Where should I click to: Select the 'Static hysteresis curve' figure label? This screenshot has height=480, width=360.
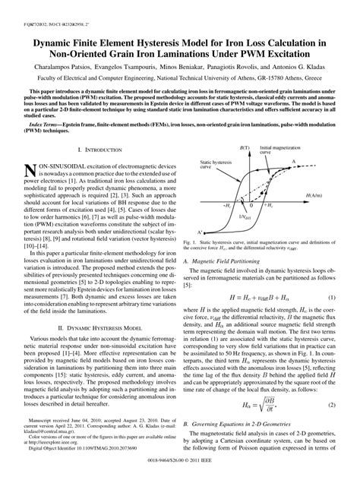(211, 175)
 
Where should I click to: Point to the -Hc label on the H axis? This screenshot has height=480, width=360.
(227, 206)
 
